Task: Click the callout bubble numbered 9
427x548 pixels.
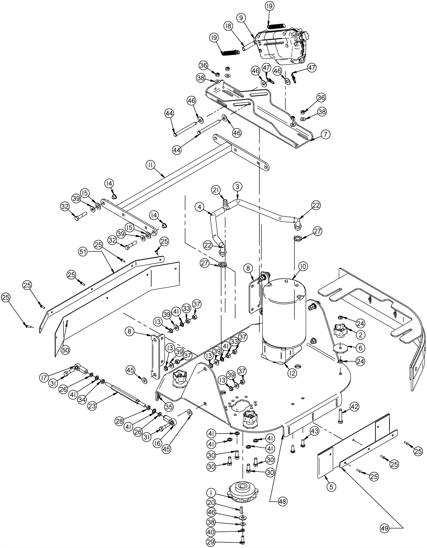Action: [241, 18]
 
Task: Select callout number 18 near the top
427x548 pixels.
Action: [228, 26]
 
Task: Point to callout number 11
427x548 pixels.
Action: [151, 165]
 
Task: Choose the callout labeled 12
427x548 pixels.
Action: [292, 373]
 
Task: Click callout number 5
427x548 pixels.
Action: [331, 487]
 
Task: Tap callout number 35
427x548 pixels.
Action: [169, 407]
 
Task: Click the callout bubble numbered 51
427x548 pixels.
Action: [83, 252]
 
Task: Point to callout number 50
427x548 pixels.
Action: [65, 350]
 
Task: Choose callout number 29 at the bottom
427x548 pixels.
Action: [211, 542]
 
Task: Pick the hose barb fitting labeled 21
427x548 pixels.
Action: [225, 204]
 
